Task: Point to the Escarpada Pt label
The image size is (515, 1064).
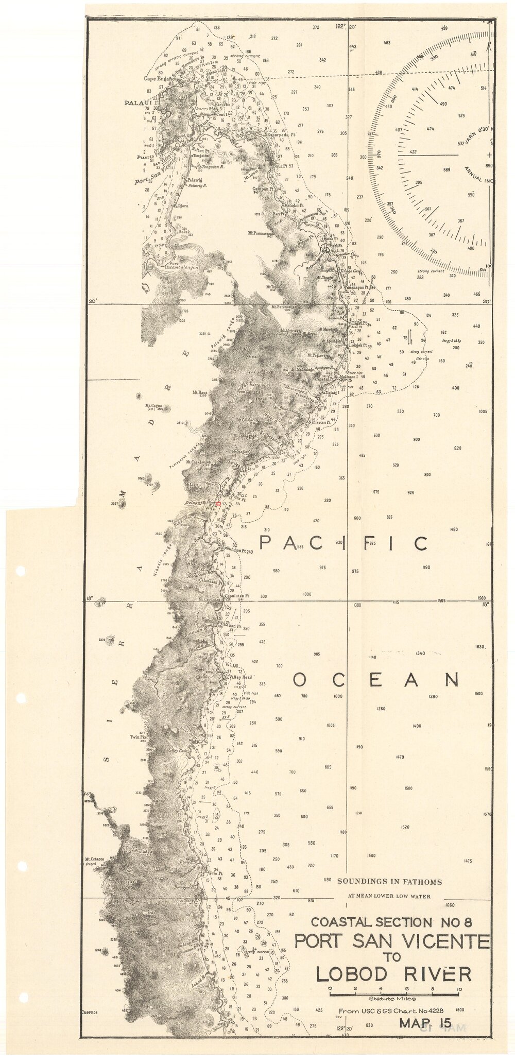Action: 281,135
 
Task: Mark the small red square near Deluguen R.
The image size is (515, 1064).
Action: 218,503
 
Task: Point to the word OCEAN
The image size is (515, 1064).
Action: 375,680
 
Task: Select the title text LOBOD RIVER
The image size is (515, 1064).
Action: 393,974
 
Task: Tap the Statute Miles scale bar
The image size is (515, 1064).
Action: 394,992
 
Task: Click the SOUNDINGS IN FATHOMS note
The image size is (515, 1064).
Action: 389,882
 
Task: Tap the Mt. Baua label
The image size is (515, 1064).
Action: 200,392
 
